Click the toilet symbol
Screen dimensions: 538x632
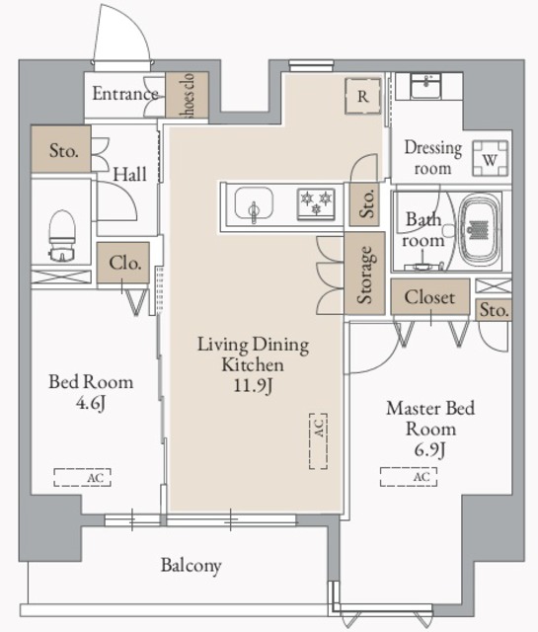point(61,236)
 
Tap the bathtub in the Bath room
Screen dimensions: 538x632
point(479,230)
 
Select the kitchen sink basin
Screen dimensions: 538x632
point(254,203)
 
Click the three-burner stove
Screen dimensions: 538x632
point(316,204)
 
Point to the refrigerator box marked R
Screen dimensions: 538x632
point(362,97)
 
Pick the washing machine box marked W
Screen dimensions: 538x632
point(490,158)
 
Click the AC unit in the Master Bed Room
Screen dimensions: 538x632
point(409,477)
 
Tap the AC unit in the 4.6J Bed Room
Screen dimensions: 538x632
point(82,477)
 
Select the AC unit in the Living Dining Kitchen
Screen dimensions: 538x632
point(319,441)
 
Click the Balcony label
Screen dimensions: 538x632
point(192,565)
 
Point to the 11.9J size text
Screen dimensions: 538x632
point(253,386)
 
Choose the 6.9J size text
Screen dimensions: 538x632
point(430,449)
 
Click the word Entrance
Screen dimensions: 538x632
point(125,94)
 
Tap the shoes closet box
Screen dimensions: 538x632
point(187,95)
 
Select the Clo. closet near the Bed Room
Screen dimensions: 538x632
point(123,263)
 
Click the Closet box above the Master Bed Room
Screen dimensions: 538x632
point(430,297)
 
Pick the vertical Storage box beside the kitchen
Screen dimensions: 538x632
point(364,274)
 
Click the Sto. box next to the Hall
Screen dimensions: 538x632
point(61,149)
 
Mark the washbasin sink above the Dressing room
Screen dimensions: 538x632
point(425,86)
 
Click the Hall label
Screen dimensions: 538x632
point(129,174)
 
